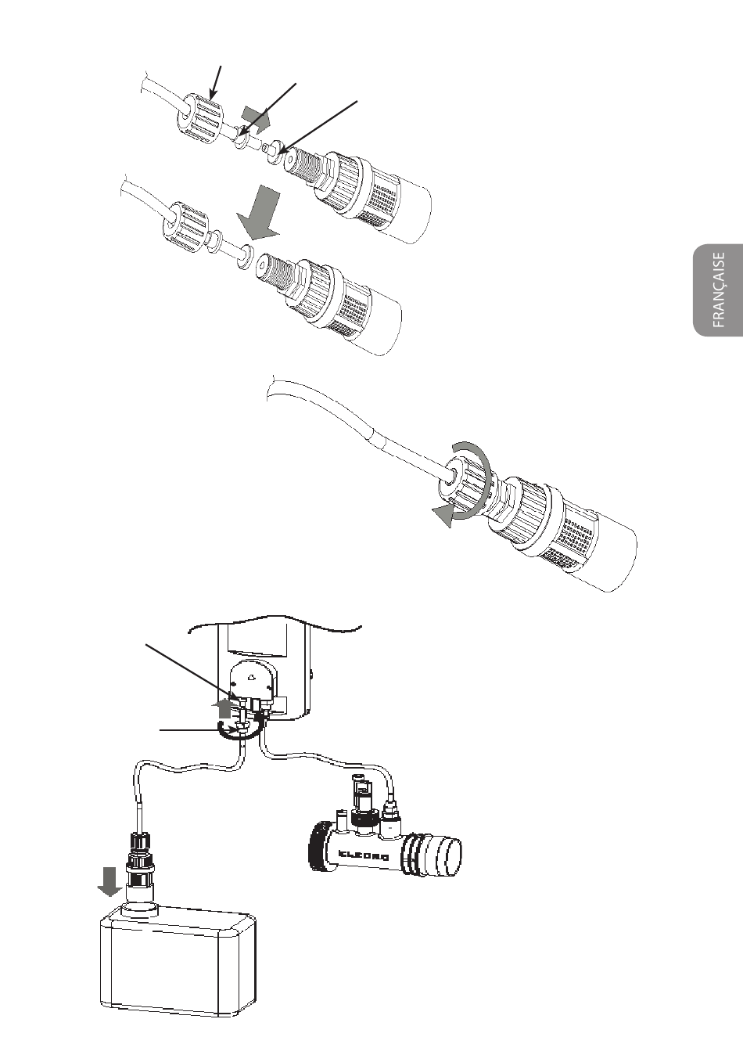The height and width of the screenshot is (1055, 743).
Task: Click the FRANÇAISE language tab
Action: click(x=718, y=290)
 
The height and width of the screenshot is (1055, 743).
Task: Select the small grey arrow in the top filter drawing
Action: click(x=254, y=119)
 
